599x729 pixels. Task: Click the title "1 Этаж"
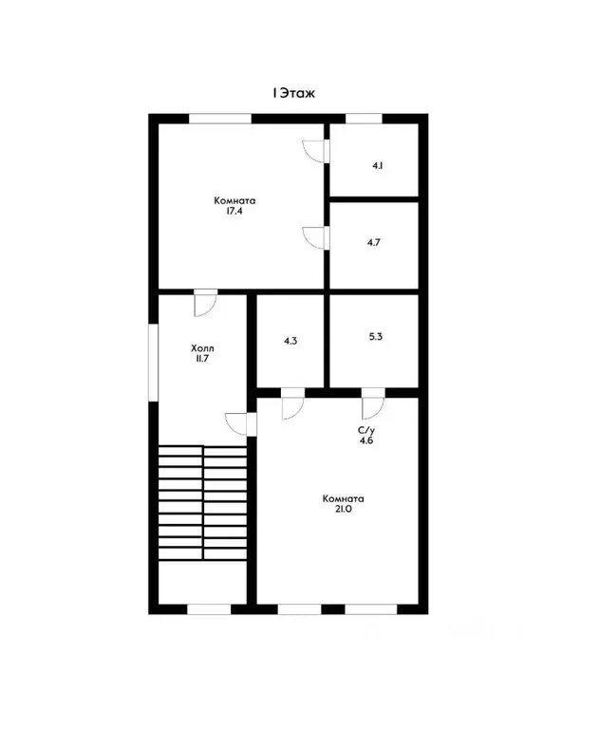tap(293, 93)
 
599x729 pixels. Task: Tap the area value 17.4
tap(234, 211)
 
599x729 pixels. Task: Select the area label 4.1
tap(378, 165)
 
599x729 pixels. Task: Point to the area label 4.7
tap(374, 242)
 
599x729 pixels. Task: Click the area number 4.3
tap(290, 341)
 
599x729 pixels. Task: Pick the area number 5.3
tap(376, 336)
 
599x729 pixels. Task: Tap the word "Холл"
tap(203, 348)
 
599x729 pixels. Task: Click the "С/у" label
tap(366, 431)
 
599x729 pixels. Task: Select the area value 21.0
tap(343, 509)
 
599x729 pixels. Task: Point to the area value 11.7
tap(202, 359)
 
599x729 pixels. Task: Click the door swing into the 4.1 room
tap(316, 152)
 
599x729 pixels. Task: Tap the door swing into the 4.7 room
tap(316, 238)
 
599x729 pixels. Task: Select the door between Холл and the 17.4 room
tap(206, 303)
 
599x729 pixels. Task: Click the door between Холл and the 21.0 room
tap(240, 424)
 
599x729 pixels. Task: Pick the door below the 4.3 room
tap(292, 403)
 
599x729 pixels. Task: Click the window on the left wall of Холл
tap(154, 363)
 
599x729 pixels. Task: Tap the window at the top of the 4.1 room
tap(364, 119)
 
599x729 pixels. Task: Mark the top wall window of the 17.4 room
tap(220, 119)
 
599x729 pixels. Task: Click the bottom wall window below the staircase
tap(209, 609)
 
